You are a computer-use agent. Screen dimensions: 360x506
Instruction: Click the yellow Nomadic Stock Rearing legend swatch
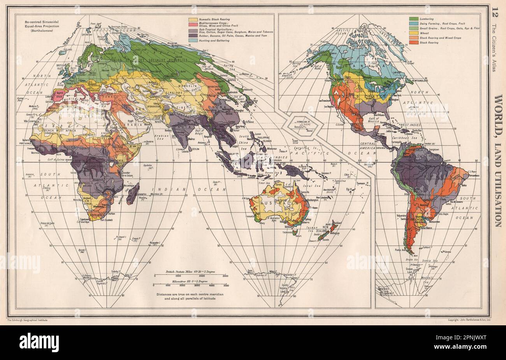(x=193, y=19)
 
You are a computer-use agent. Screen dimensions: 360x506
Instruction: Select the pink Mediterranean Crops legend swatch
(x=193, y=24)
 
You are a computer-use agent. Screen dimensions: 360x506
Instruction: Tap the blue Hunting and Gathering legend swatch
(x=193, y=40)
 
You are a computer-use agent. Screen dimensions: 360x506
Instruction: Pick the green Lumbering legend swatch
(x=413, y=19)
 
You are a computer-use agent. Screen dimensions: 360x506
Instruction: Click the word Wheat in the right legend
(x=425, y=33)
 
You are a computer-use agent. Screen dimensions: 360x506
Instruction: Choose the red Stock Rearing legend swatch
(x=413, y=42)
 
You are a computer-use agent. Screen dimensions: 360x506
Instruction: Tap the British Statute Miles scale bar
(x=190, y=275)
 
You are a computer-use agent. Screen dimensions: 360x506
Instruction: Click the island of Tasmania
(x=295, y=233)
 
